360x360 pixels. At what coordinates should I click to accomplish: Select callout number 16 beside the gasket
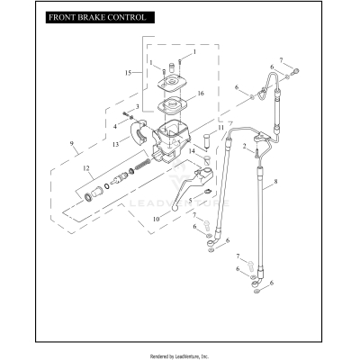click(x=202, y=93)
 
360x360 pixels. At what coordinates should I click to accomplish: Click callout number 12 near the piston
click(x=86, y=168)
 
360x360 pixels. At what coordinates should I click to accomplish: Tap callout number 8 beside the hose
click(x=277, y=183)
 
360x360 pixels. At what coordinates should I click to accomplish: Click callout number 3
click(x=138, y=106)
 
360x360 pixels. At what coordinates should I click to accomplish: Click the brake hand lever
click(x=184, y=193)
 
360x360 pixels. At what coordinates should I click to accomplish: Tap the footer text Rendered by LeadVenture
click(x=180, y=355)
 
